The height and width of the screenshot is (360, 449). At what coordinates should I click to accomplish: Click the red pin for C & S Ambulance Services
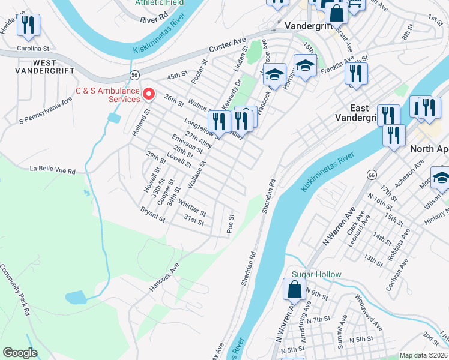tap(149, 94)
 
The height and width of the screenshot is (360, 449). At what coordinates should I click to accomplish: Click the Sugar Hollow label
tap(316, 275)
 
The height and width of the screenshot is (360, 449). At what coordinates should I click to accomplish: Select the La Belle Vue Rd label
tap(53, 171)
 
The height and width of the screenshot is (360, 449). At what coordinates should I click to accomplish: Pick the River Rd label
tap(154, 19)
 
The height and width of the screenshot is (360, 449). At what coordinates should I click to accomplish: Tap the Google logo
tap(20, 353)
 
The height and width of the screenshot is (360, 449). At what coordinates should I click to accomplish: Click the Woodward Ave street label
tap(368, 311)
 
